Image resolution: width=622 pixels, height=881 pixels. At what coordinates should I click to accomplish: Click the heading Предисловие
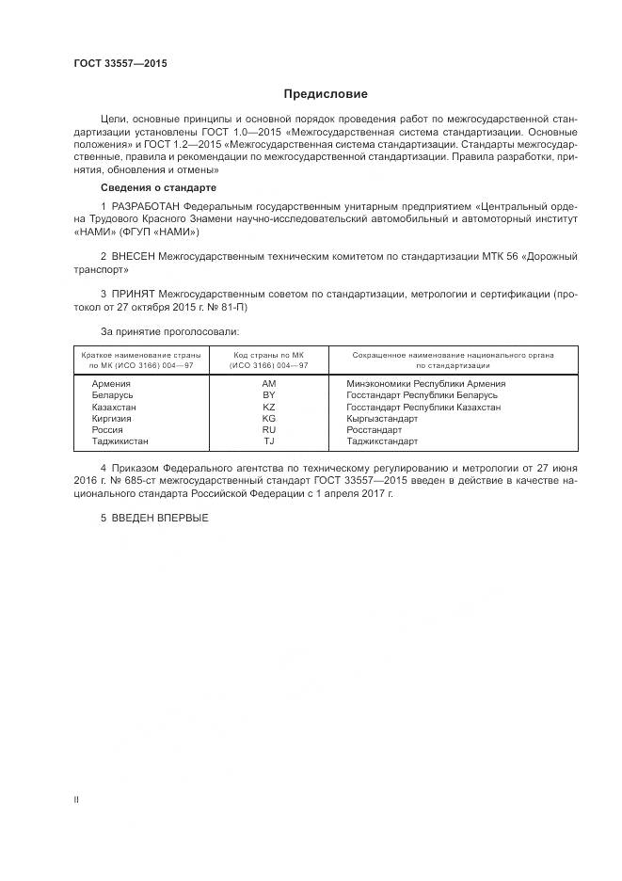[x=326, y=94]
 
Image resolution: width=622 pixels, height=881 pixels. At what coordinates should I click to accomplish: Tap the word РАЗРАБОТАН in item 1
[x=145, y=206]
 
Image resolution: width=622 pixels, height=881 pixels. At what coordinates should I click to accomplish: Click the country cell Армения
[x=110, y=384]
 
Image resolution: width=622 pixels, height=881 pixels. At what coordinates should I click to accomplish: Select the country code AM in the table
[x=269, y=384]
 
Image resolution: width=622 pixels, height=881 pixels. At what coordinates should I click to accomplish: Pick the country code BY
[x=269, y=395]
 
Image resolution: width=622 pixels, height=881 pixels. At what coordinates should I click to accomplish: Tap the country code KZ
[x=269, y=407]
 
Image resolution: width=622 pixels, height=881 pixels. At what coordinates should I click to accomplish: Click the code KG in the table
[x=269, y=418]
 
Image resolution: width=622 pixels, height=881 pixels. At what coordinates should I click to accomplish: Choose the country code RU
[x=269, y=429]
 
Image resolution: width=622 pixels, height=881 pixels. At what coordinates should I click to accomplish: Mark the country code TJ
[x=269, y=440]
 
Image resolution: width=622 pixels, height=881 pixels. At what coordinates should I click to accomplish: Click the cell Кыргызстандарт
[x=382, y=418]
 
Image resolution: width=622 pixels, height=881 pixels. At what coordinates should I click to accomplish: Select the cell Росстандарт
[x=374, y=429]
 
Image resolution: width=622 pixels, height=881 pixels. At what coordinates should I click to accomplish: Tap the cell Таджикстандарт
[x=382, y=440]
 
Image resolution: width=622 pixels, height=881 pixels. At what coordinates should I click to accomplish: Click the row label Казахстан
[x=114, y=407]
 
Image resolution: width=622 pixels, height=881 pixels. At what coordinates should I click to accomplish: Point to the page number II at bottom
[x=76, y=800]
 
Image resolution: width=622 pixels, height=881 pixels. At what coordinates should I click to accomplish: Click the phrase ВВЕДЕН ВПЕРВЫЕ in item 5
[x=159, y=519]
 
